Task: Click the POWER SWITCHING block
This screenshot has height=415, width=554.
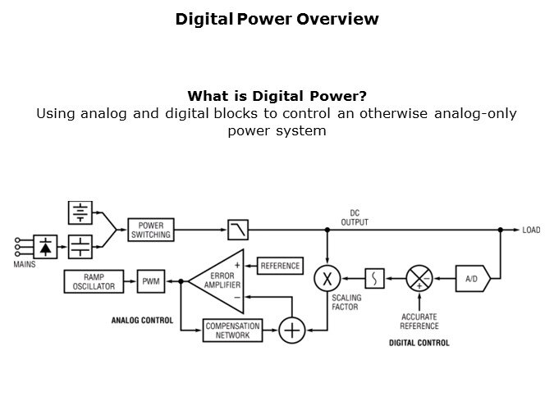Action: [x=150, y=230]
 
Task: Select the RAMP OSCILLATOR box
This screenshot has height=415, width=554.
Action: [x=93, y=281]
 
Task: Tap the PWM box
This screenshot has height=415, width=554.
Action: [x=151, y=281]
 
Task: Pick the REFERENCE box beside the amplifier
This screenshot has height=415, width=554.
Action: [x=279, y=266]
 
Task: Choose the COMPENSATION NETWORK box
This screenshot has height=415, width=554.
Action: [x=232, y=331]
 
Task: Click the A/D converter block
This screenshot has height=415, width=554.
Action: [x=473, y=280]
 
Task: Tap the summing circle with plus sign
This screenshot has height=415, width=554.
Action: [x=291, y=331]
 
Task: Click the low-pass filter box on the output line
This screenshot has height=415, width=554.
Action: [x=239, y=230]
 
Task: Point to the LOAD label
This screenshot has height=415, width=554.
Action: [x=531, y=230]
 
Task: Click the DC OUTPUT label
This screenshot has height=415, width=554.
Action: [x=355, y=217]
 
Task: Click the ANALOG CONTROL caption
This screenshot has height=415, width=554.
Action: [x=142, y=321]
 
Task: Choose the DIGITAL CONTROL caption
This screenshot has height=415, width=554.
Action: [x=419, y=343]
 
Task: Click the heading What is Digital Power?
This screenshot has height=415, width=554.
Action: [x=277, y=96]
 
